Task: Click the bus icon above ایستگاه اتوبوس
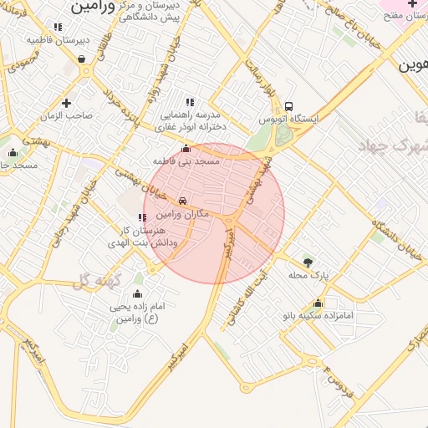(x=288, y=106)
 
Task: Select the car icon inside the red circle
(x=182, y=201)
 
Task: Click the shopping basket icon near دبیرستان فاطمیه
(x=81, y=59)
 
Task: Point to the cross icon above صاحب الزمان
(x=68, y=102)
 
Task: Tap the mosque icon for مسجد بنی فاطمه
(x=186, y=148)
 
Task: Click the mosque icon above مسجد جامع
(x=12, y=153)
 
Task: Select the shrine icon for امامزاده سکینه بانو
(x=318, y=303)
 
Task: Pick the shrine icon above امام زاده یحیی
(x=138, y=293)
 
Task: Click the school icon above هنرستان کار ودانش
(x=142, y=217)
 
